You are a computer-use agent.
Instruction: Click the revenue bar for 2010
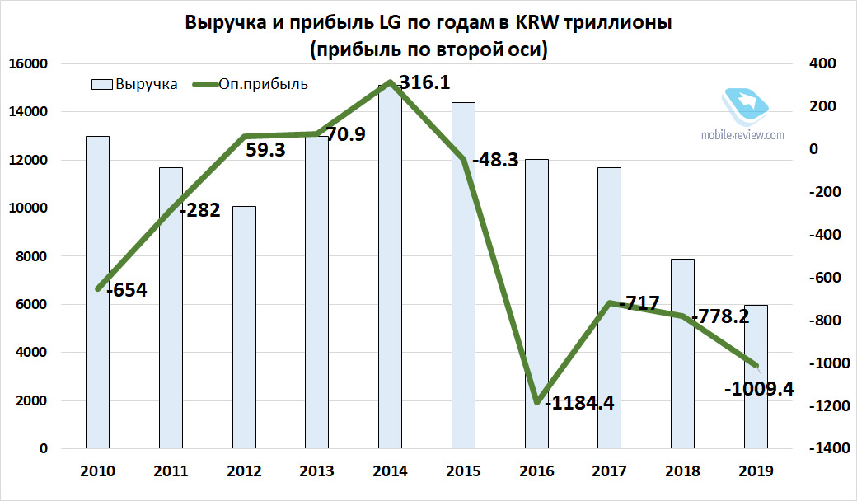pyautogui.click(x=97, y=293)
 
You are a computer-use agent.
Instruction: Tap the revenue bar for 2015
pyautogui.click(x=463, y=276)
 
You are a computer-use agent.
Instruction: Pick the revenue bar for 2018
pyautogui.click(x=682, y=354)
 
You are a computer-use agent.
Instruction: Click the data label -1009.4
pyautogui.click(x=759, y=389)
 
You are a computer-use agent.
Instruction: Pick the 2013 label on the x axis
pyautogui.click(x=316, y=471)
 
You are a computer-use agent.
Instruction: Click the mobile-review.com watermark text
pyautogui.click(x=742, y=134)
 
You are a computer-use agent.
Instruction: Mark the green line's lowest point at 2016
pyautogui.click(x=536, y=402)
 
